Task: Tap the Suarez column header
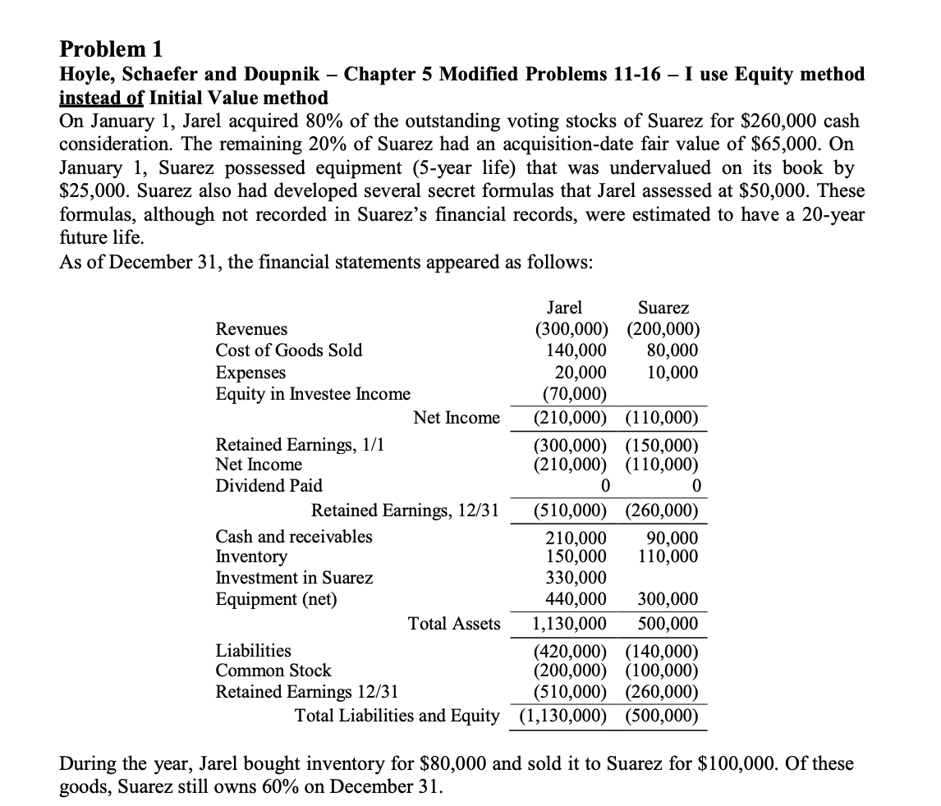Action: click(663, 308)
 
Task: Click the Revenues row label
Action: click(251, 329)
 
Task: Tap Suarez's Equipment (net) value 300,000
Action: click(668, 599)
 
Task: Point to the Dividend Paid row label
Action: click(269, 486)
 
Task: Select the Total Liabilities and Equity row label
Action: click(397, 716)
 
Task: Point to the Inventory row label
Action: click(251, 556)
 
